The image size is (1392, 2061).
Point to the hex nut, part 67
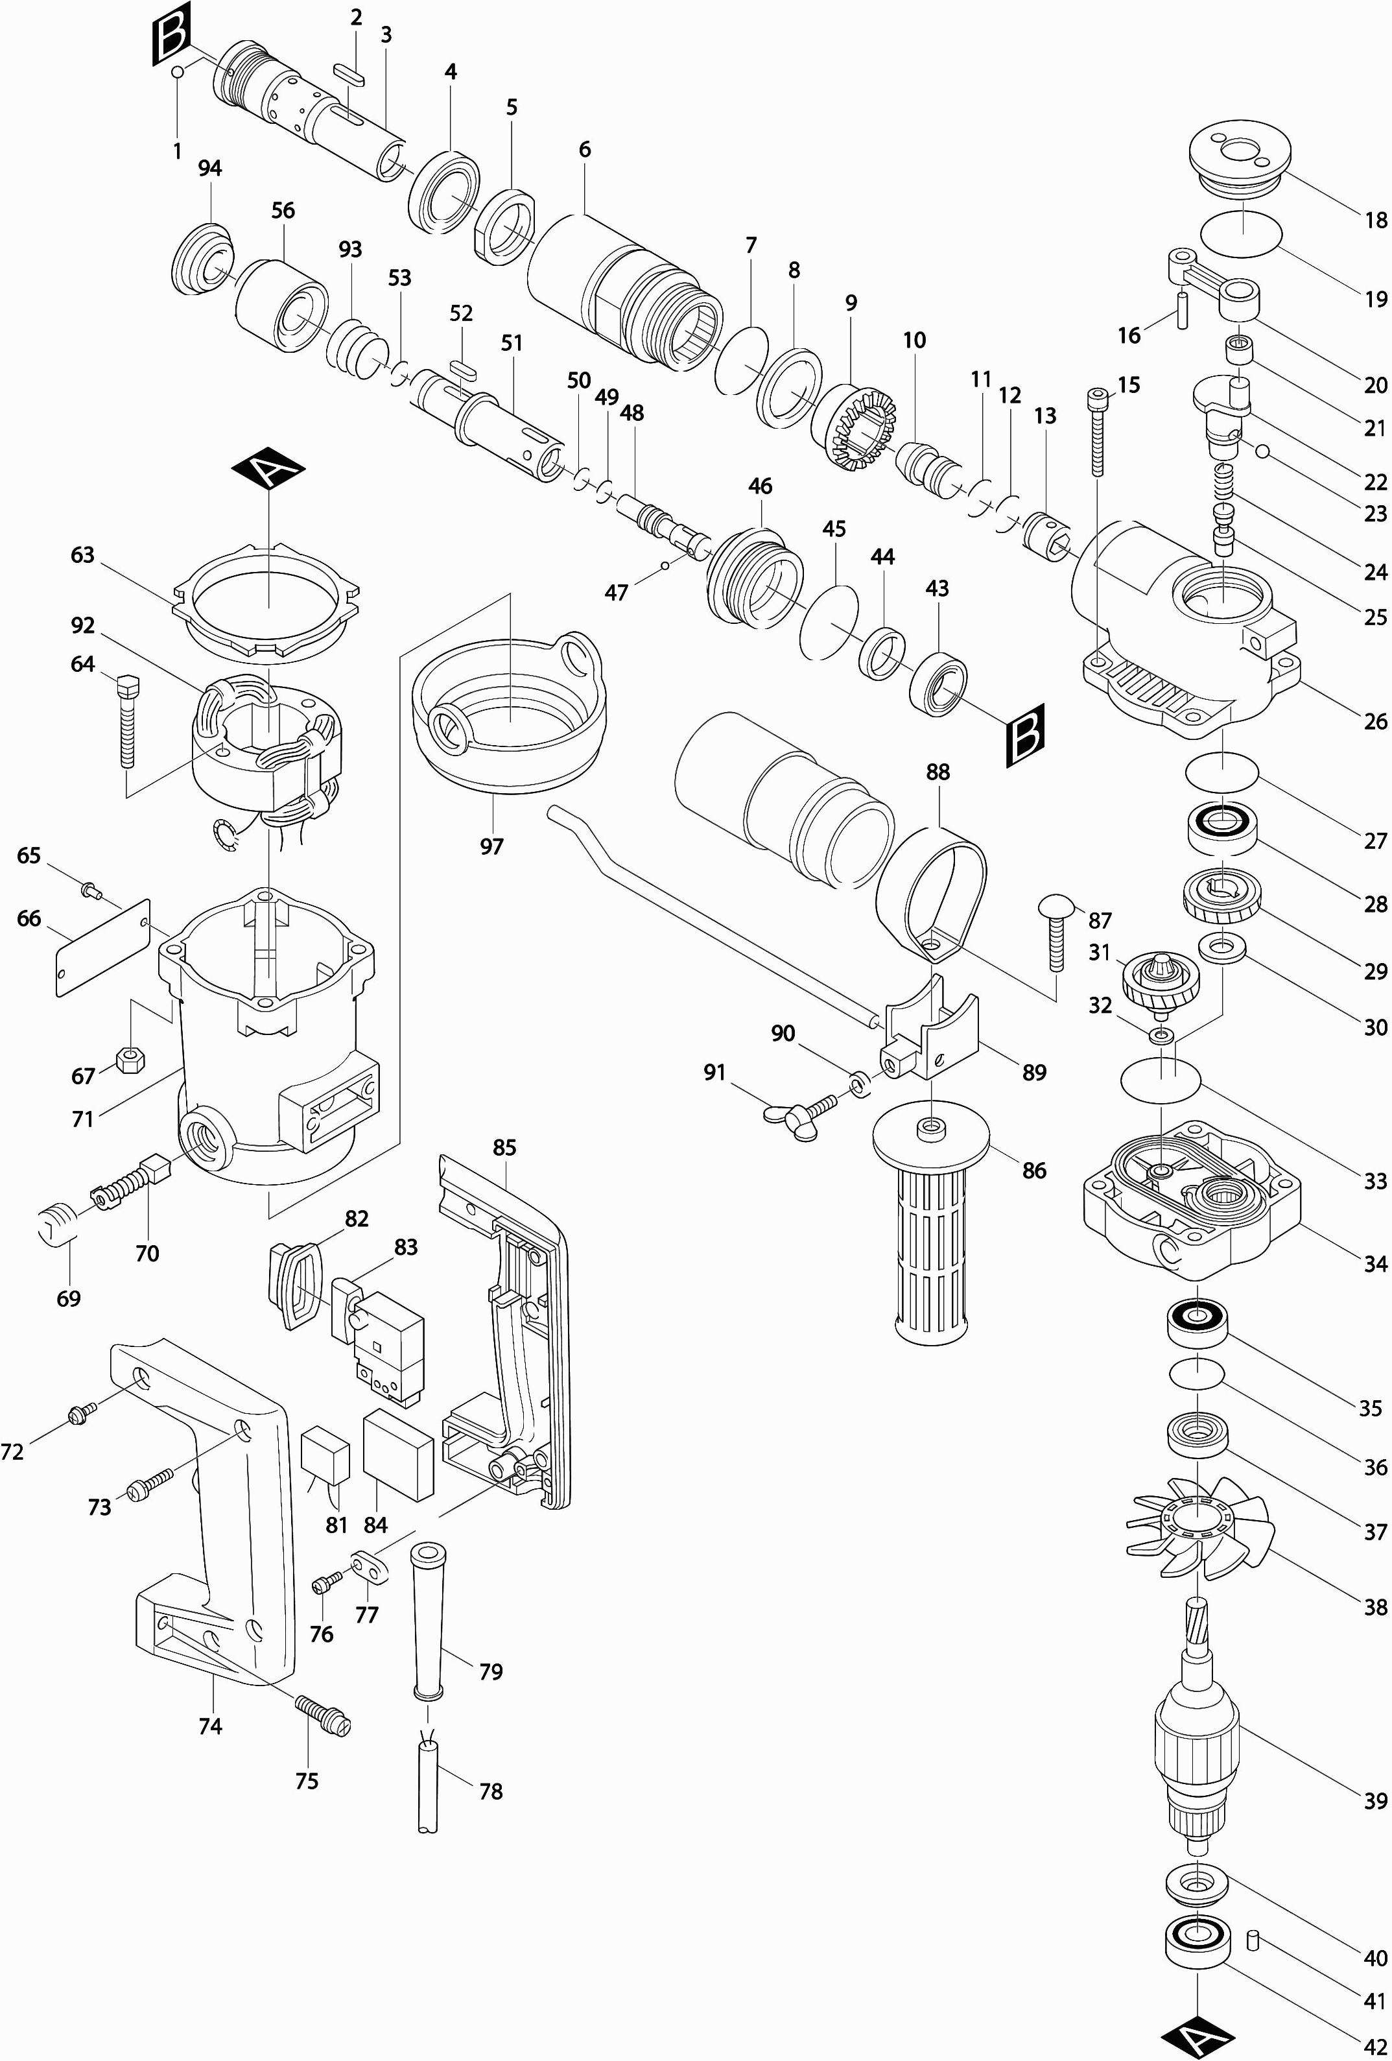click(131, 1059)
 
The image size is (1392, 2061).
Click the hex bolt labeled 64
click(128, 719)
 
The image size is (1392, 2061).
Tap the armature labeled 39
click(1196, 1738)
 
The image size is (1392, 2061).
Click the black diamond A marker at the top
click(268, 468)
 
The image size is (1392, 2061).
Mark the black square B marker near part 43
click(1026, 734)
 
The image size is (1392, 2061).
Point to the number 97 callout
click(491, 846)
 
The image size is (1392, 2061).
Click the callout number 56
click(283, 210)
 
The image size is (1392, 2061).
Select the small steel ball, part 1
click(178, 72)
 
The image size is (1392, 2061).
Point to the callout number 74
click(210, 1725)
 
